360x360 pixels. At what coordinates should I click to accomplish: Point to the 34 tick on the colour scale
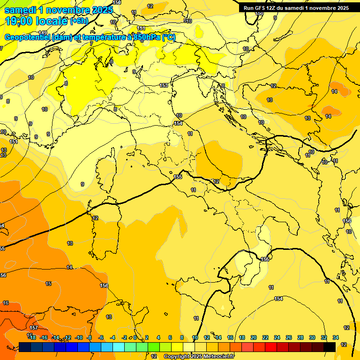pyautogui.click(x=335, y=337)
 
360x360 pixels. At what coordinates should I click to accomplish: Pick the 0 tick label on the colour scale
pyautogui.click(x=135, y=337)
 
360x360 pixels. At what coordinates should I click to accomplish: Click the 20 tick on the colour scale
pyautogui.click(x=254, y=337)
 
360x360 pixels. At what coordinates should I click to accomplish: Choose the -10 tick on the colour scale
pyautogui.click(x=79, y=337)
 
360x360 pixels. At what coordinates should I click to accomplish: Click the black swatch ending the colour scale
pyautogui.click(x=329, y=347)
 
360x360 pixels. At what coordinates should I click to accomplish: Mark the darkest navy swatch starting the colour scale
pyautogui.click(x=25, y=347)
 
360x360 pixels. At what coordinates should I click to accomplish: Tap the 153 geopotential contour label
pyautogui.click(x=164, y=85)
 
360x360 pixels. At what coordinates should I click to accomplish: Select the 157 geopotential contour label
pyautogui.click(x=34, y=328)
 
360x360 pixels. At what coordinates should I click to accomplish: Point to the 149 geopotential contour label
pyautogui.click(x=43, y=45)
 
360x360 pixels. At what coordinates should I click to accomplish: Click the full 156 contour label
pyautogui.click(x=104, y=285)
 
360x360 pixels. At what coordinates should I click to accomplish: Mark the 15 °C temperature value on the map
pyautogui.click(x=48, y=284)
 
